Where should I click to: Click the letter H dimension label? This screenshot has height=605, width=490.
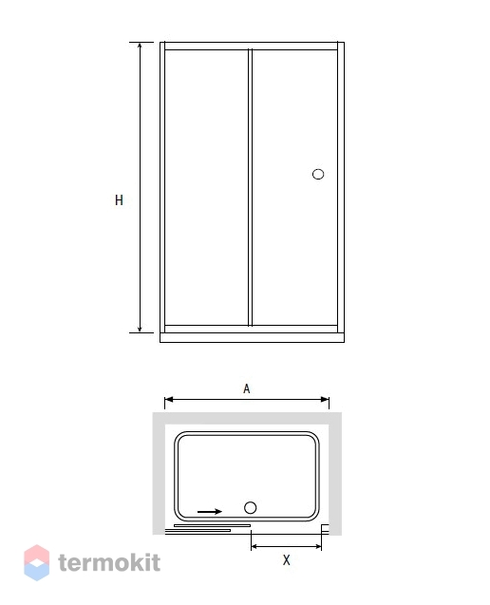120,200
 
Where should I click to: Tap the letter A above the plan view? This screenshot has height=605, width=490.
247,388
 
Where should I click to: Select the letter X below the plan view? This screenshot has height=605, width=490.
286,559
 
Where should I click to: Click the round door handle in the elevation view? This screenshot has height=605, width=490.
318,175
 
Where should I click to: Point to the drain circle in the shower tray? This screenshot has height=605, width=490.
251,508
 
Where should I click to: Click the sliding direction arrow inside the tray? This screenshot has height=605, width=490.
210,512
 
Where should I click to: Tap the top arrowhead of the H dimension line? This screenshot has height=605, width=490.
140,46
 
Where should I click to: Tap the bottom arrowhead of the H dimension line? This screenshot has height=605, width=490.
140,329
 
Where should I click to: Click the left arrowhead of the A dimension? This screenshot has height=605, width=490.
169,399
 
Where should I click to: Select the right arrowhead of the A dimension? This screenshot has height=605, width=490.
325,399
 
